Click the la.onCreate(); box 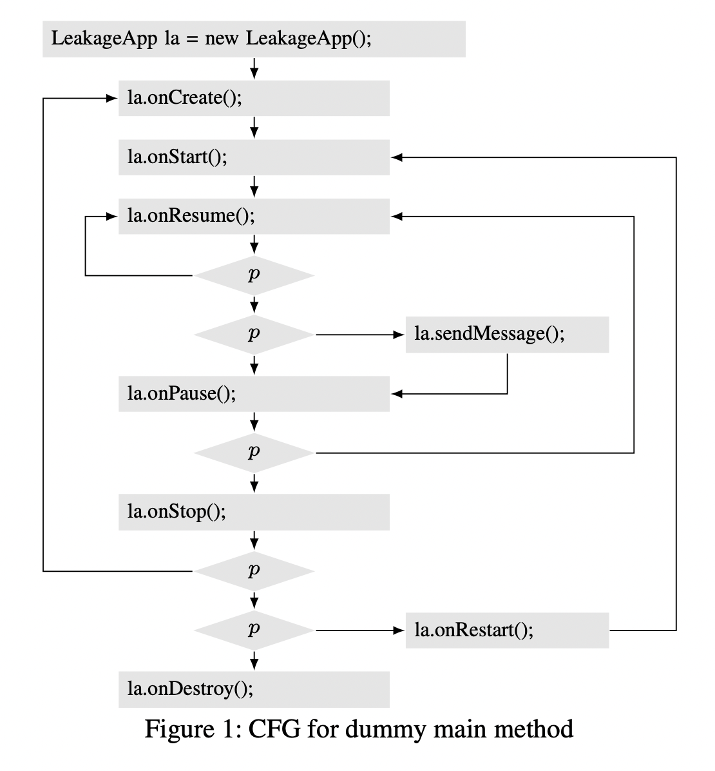tap(254, 98)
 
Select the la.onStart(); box tap(254, 157)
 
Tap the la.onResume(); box tap(254, 216)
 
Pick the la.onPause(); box tap(254, 393)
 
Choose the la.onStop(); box tap(254, 512)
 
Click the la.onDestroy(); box tap(254, 689)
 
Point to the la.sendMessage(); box tap(507, 335)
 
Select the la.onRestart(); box tap(507, 630)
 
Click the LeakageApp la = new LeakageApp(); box tap(254, 39)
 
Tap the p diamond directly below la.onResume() tap(254, 275)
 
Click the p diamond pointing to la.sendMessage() tap(254, 335)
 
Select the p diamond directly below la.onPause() tap(254, 453)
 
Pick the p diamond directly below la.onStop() tap(254, 571)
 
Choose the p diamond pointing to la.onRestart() tap(254, 630)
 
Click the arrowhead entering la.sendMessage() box tap(398, 335)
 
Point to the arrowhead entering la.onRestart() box tap(398, 630)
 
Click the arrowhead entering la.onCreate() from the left tap(111, 99)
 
